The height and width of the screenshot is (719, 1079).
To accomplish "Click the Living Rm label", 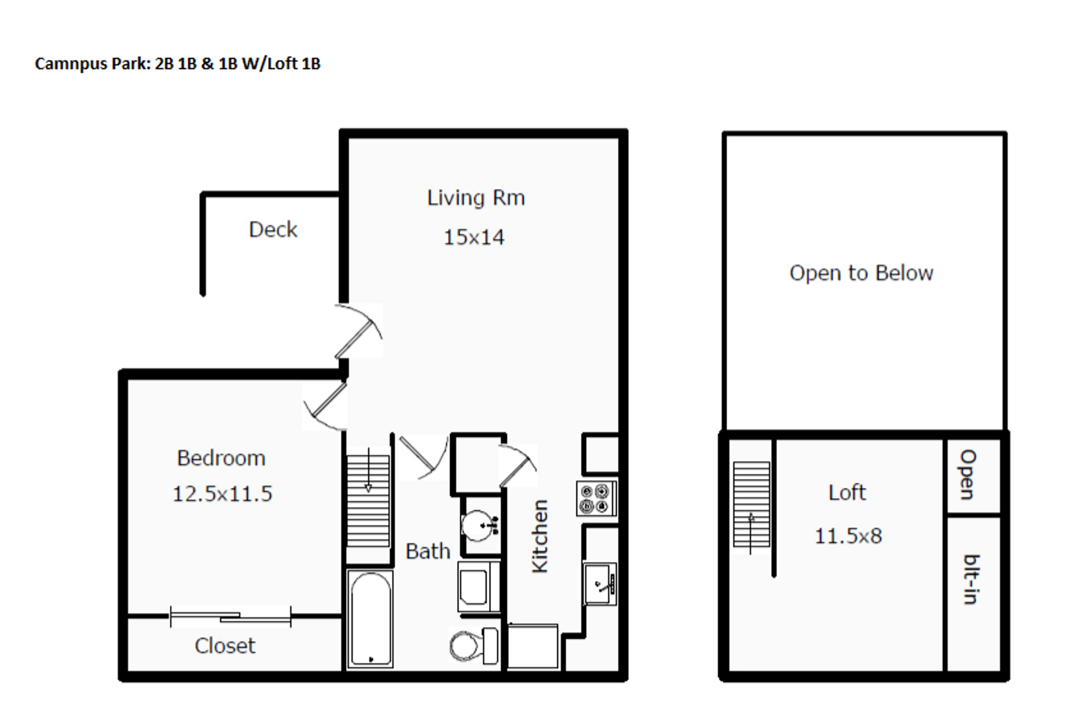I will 475,198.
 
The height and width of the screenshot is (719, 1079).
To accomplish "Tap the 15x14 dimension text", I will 474,237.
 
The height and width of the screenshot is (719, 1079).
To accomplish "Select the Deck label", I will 273,229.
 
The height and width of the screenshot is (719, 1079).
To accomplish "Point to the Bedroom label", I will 221,458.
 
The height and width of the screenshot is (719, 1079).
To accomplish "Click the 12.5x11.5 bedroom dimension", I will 222,494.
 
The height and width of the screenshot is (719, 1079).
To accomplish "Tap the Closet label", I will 225,645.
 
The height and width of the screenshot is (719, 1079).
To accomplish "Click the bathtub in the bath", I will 370,618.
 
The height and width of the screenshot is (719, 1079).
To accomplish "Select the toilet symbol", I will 473,645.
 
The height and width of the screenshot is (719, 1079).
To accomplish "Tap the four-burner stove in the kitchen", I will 596,499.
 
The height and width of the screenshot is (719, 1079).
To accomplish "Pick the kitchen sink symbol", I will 599,584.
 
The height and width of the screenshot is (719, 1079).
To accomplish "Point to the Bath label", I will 428,551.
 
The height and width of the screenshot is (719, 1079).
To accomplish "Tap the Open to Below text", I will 861,273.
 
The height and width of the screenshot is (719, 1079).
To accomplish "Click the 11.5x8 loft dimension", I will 848,536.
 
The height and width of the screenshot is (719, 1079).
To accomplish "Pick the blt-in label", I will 972,579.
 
